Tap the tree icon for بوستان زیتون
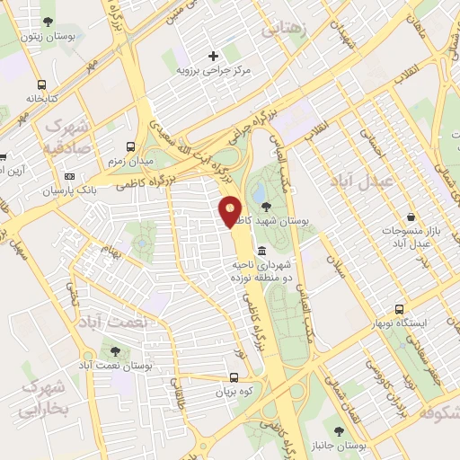pyautogui.click(x=47, y=22)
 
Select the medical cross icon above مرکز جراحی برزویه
pyautogui.click(x=213, y=56)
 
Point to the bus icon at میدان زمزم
pyautogui.click(x=131, y=146)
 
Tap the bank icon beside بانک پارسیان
pyautogui.click(x=69, y=177)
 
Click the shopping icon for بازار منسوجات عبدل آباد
pyautogui.click(x=411, y=218)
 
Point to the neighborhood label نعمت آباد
pyautogui.click(x=114, y=321)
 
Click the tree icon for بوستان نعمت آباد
pyautogui.click(x=114, y=351)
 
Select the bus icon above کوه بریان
pyautogui.click(x=234, y=378)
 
